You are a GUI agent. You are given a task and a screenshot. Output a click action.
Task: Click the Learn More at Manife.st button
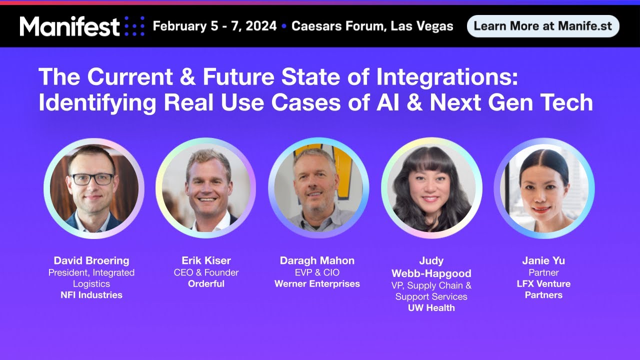(542, 26)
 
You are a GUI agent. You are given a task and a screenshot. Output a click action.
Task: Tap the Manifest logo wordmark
(70, 26)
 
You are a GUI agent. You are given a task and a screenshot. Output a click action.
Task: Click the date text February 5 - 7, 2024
(214, 26)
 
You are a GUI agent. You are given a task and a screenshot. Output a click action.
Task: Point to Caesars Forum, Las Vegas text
(372, 26)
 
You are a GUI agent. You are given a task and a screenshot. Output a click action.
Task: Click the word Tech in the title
(568, 102)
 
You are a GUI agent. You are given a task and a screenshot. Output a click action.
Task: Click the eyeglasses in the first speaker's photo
(92, 179)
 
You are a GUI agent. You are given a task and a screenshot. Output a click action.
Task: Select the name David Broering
(91, 260)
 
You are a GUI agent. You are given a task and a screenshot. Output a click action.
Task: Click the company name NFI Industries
(91, 295)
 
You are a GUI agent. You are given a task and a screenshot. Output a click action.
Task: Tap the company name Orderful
(206, 283)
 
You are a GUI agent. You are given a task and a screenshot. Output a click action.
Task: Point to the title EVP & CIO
(317, 272)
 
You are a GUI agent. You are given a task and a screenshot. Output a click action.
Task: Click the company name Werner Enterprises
(317, 284)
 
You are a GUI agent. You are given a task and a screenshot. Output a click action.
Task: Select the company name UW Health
(431, 308)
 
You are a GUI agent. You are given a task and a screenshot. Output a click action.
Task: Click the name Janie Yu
(543, 260)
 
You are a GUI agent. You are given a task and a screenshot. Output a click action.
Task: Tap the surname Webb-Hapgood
(431, 273)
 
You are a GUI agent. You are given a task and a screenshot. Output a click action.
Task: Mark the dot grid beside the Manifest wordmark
(134, 26)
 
